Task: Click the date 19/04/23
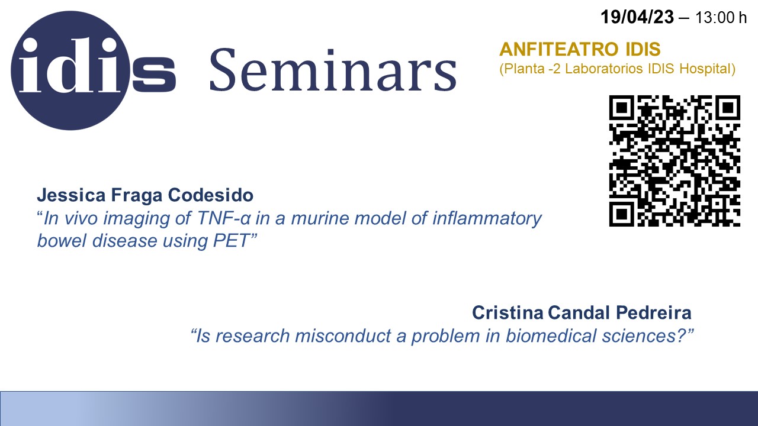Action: click(637, 17)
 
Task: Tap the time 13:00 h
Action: click(721, 18)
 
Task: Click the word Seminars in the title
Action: click(333, 70)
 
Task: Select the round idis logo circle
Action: click(70, 70)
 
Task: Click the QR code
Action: click(675, 161)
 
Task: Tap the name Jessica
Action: click(72, 195)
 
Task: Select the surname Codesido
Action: click(210, 195)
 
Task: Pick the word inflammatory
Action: click(487, 219)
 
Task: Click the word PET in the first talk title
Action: click(231, 241)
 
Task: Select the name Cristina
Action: click(508, 313)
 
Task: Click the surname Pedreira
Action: click(653, 313)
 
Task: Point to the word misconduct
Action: click(343, 336)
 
